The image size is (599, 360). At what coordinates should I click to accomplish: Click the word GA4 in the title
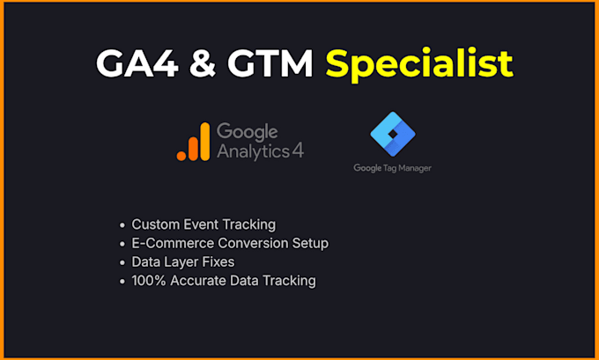coord(137,63)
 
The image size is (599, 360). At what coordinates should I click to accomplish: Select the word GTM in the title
coord(270,63)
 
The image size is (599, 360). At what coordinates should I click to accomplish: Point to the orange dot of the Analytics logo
coord(181,156)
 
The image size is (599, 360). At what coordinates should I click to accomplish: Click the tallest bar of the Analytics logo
coord(205,141)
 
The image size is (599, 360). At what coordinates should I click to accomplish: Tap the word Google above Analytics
coord(248,133)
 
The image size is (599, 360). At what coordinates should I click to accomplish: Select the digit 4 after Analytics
coord(298,151)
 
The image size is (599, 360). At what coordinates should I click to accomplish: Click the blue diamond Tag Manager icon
coord(393,134)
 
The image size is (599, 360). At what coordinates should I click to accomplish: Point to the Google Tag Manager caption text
coord(392,168)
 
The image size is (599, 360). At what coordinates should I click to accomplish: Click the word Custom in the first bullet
coord(156,224)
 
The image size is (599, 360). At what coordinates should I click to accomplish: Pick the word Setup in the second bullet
coord(310,244)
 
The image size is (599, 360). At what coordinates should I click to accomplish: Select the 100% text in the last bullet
coord(149,281)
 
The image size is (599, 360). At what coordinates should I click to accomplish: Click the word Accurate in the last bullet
coord(198,281)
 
